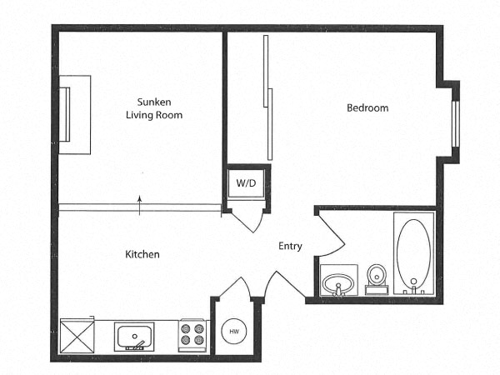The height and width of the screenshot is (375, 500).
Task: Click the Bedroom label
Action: click(367, 108)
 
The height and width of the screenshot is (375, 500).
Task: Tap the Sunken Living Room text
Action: click(154, 107)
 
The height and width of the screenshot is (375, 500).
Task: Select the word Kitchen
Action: click(142, 254)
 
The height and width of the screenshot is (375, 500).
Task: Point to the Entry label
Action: click(290, 246)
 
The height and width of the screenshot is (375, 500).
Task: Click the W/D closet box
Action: click(246, 182)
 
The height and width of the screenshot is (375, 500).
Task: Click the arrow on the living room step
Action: click(139, 200)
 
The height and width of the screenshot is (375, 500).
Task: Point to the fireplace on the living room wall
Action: click(73, 114)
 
